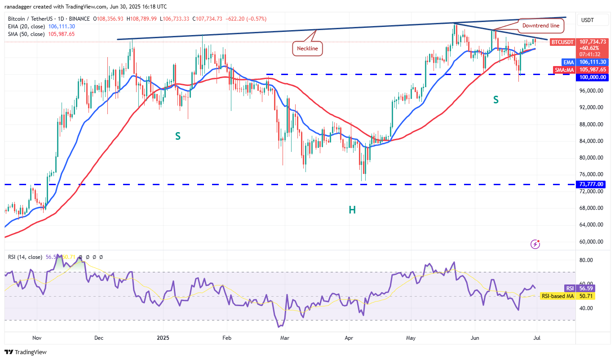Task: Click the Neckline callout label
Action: coord(308,48)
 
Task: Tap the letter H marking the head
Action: coord(352,209)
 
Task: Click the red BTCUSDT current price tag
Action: coord(562,42)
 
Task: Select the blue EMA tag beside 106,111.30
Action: coord(568,62)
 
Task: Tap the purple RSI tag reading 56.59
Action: coord(570,288)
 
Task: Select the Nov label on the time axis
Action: coord(37,337)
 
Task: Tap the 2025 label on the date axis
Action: coord(164,337)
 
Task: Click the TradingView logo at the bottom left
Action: coord(26,352)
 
